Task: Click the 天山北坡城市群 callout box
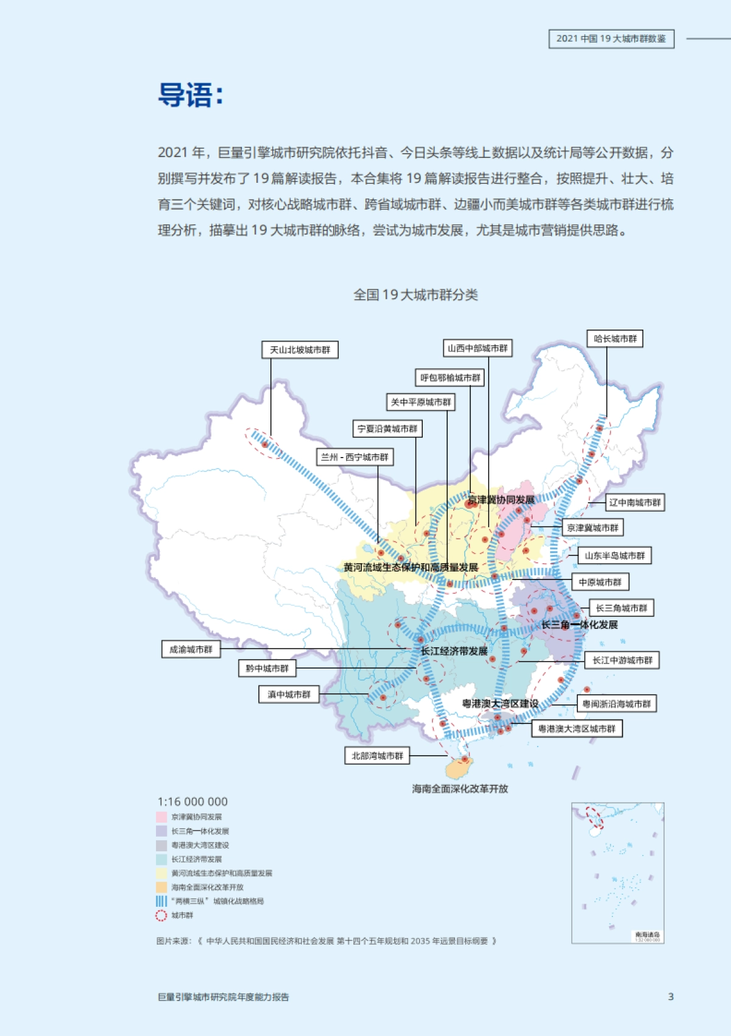pos(300,350)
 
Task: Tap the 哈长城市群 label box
pos(615,339)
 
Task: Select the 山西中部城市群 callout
pos(477,349)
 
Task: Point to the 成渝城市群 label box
pos(191,650)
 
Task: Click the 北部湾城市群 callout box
pos(377,756)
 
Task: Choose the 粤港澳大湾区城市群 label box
pos(577,729)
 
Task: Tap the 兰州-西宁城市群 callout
pos(355,457)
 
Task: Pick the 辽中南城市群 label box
pos(634,503)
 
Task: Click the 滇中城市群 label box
pos(289,695)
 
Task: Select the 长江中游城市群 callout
pos(622,661)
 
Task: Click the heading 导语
pos(190,96)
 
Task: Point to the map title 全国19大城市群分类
pos(415,295)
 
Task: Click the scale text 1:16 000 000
pos(192,802)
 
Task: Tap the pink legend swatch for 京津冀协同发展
pos(161,817)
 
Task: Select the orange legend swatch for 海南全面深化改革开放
pos(161,887)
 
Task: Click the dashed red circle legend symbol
pos(161,915)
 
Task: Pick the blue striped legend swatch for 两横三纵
pos(161,901)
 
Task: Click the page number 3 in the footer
pos(671,997)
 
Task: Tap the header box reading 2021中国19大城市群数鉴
pos(611,39)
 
